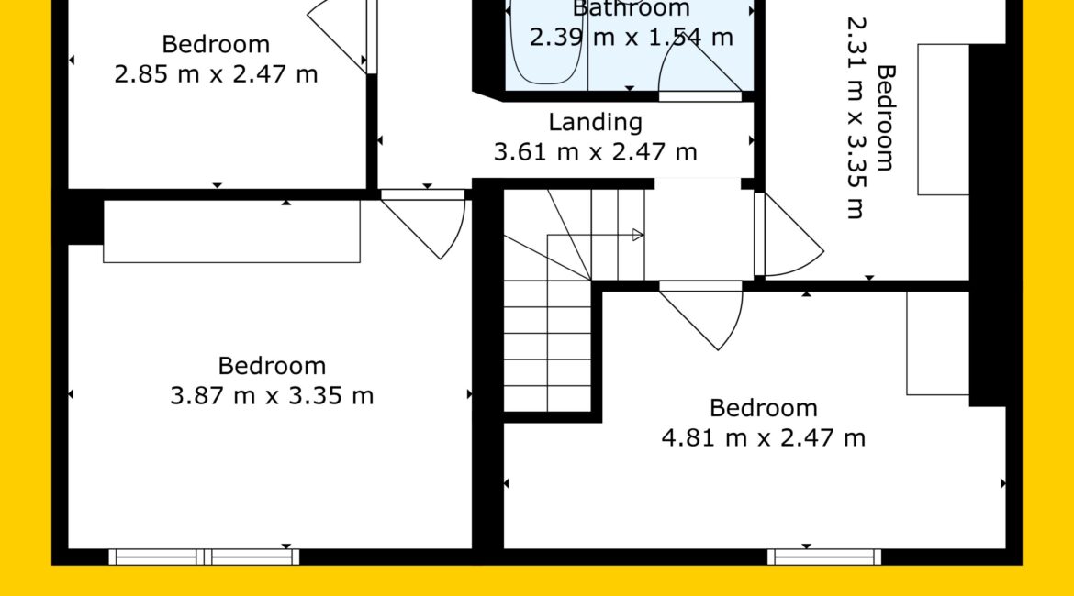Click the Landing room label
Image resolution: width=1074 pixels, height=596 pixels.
[x=595, y=123]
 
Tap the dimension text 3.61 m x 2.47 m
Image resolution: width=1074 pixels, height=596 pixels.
[x=595, y=152]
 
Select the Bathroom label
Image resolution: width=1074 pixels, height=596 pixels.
[x=631, y=8]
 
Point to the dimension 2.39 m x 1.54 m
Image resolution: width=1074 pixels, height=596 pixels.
[x=631, y=37]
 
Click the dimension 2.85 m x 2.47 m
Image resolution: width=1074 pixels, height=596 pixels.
[x=216, y=74]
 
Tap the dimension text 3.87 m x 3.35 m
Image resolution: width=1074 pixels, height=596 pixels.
[x=272, y=395]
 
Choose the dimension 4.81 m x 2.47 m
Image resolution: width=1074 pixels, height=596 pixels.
[x=764, y=438]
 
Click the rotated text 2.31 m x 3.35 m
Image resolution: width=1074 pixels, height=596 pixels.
[x=856, y=117]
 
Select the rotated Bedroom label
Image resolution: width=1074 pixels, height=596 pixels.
[x=887, y=117]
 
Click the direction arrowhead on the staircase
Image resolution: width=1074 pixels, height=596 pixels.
[x=638, y=236]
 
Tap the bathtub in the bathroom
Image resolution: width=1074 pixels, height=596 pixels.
[x=546, y=42]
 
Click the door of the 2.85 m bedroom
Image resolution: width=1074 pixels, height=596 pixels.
[x=339, y=34]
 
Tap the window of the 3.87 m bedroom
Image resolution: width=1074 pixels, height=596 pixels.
[x=204, y=557]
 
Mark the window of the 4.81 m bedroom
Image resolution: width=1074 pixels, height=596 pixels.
[x=824, y=557]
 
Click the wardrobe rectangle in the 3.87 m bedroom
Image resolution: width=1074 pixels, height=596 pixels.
[x=231, y=231]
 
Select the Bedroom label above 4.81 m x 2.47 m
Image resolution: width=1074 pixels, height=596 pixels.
[x=764, y=409]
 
